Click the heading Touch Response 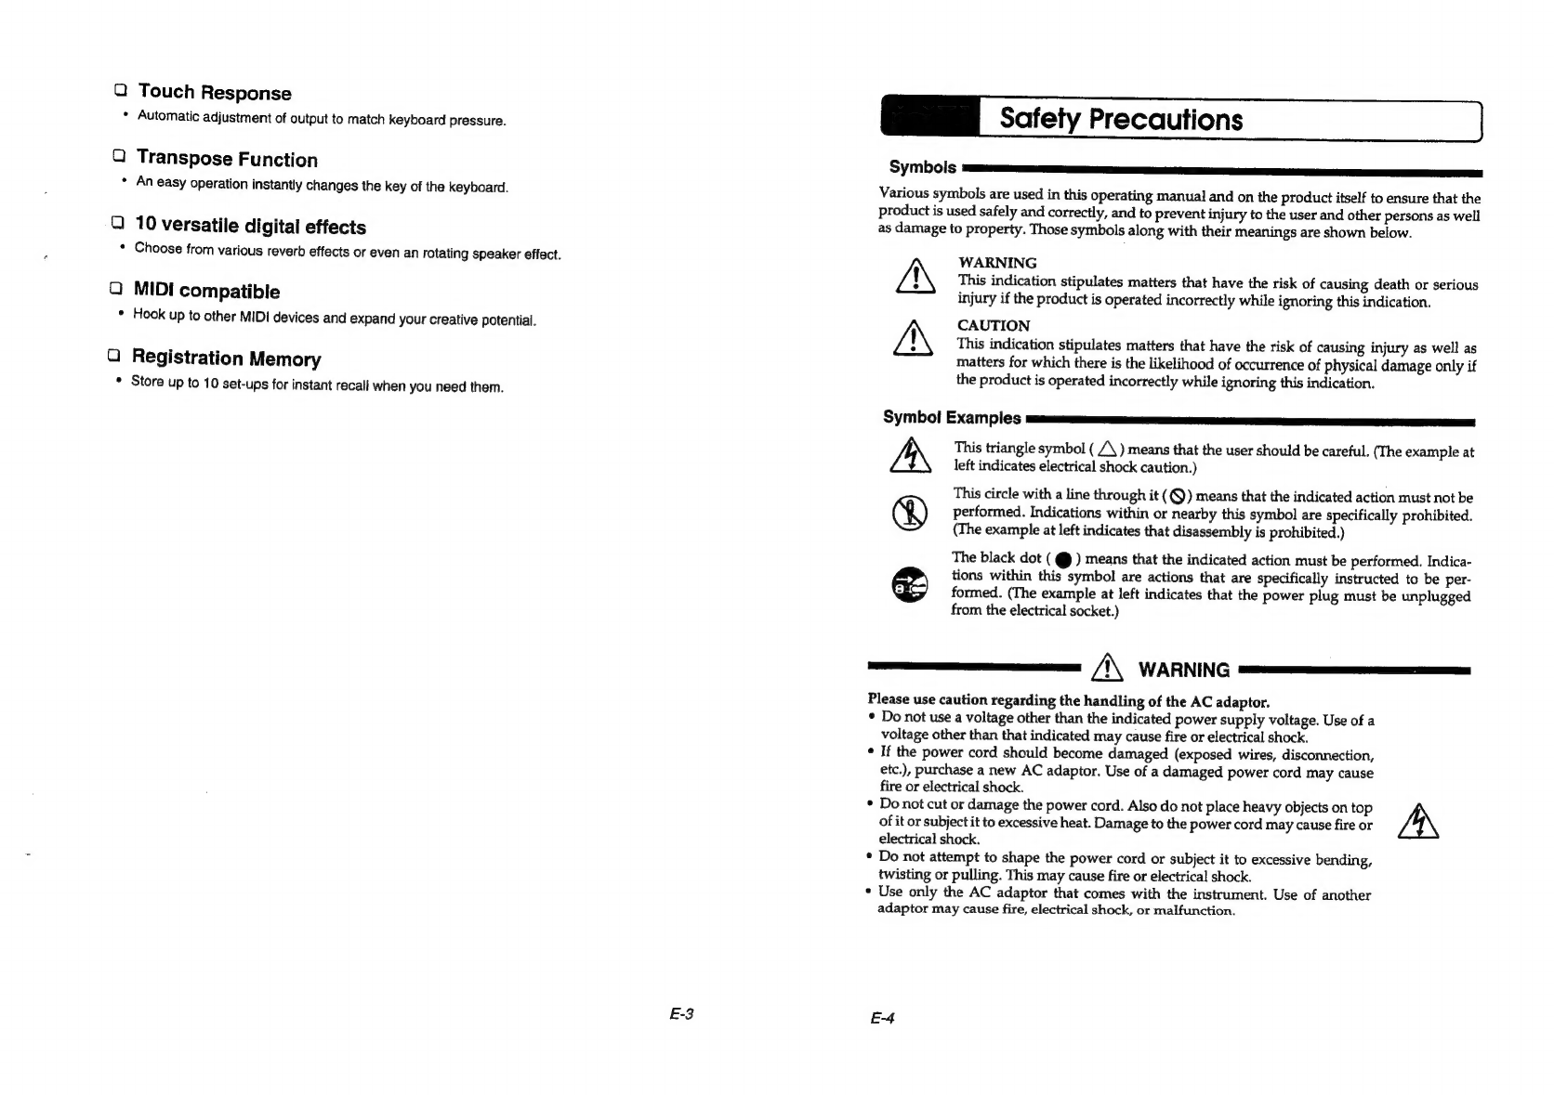pos(214,92)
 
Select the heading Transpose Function pos(227,159)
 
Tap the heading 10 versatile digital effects pos(250,226)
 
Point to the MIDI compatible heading pos(206,292)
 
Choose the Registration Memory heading pos(226,358)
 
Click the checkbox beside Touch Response pos(120,90)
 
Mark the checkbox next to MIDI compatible pos(115,289)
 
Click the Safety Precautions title pos(1120,120)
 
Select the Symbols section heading pos(922,167)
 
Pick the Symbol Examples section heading pos(951,418)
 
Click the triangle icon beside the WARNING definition pos(915,278)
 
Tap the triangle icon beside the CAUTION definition pos(914,338)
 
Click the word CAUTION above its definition pos(994,326)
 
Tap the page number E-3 pos(681,1014)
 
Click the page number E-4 pos(882,1018)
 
